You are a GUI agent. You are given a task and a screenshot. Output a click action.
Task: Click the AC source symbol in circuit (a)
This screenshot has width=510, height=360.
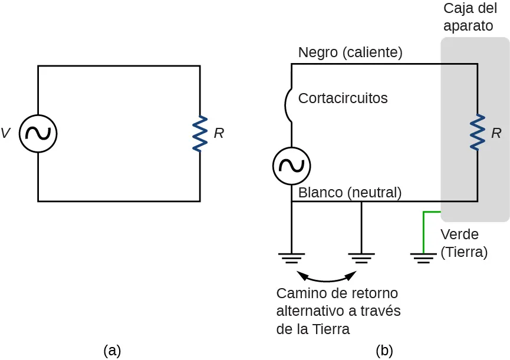point(38,134)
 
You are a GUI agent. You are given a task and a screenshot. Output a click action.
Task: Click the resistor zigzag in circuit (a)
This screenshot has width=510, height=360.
point(200,133)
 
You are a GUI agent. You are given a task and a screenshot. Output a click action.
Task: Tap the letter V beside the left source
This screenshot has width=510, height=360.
point(6,134)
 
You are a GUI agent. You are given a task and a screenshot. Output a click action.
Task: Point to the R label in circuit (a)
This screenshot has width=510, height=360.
point(219,134)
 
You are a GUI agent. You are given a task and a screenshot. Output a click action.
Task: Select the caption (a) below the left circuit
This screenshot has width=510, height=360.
point(112,351)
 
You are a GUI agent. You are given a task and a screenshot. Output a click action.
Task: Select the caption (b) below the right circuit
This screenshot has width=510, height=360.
point(384,351)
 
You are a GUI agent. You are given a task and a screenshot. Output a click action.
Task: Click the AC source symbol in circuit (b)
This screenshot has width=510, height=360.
point(291,166)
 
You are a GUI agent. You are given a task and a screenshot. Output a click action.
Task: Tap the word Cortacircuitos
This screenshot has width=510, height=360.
point(343,98)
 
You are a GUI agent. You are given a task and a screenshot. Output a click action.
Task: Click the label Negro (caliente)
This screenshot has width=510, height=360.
point(350,52)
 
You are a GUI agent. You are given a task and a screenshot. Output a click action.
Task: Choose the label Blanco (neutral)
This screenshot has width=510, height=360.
point(350,192)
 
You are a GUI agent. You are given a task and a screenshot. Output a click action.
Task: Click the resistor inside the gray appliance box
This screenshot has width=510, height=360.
point(477,133)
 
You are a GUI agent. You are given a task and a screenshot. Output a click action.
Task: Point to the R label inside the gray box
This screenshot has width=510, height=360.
point(496,134)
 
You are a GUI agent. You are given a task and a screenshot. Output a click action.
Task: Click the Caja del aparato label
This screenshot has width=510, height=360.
point(470,18)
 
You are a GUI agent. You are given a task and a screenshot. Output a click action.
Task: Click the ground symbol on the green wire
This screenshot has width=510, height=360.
point(423,257)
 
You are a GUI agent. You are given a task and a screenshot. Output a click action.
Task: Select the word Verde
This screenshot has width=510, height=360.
point(459,235)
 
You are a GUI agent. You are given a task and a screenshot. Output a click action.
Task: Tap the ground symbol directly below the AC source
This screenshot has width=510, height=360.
point(291,257)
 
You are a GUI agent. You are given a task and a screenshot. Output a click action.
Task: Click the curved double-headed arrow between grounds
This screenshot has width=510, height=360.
point(327,278)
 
